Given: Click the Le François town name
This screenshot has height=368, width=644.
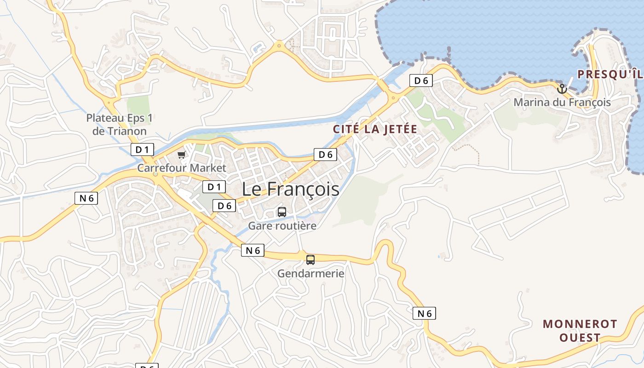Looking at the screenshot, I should coord(291,189).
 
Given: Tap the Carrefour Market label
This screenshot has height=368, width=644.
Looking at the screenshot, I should coord(182,168).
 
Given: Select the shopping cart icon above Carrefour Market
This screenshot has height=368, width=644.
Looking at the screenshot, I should coord(182,155).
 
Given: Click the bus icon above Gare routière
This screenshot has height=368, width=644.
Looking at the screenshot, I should coord(282,212).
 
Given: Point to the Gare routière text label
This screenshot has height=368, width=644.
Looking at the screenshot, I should coord(282,226).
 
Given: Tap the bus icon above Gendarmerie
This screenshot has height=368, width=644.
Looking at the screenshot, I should coord(310,260).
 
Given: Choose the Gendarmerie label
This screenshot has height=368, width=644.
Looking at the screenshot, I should coord(310,274).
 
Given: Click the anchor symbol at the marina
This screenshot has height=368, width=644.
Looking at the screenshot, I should coord(562,89).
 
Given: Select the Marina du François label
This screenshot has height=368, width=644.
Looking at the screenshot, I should coord(562,102).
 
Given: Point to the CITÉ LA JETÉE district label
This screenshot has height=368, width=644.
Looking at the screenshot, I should coord(375,129).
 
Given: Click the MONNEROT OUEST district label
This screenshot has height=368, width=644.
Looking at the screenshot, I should coord(580,331).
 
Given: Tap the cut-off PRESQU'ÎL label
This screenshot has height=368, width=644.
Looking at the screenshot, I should coord(610,74).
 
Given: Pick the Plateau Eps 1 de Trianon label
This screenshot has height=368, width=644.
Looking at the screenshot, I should coord(119,125).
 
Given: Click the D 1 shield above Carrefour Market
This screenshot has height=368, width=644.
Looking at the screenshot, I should coord(142,149).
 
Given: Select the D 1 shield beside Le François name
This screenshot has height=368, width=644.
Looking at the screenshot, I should coord(214,187).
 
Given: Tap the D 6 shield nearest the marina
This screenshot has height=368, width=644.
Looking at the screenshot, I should coord(421,81).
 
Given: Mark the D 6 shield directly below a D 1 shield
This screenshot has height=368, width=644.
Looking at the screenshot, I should coord(224,206).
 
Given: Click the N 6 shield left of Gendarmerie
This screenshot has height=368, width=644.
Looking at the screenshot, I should coord(253,250).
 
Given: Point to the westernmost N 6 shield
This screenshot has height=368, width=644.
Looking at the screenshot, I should coord(86,198).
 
